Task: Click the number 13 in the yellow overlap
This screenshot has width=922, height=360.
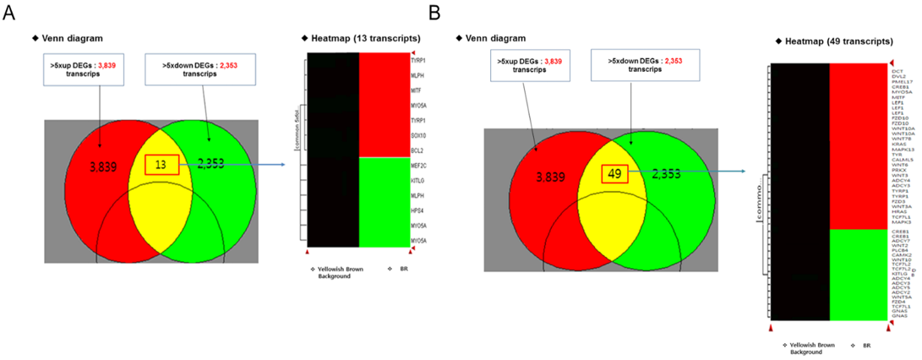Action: (160, 164)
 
